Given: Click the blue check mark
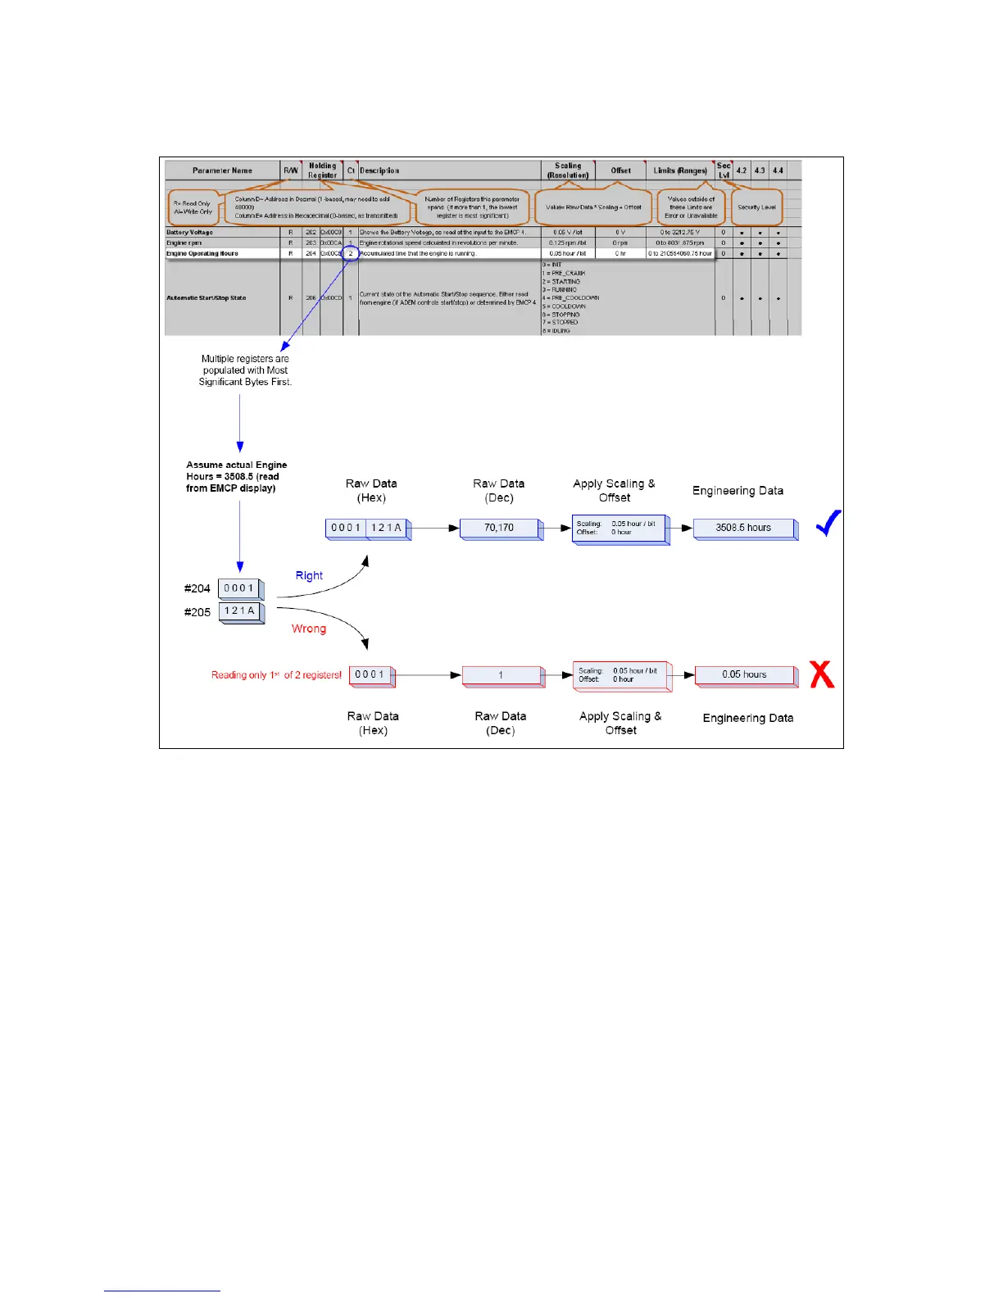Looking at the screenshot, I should [x=828, y=523].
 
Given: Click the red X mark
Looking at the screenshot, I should [x=822, y=674].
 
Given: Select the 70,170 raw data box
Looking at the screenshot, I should [x=499, y=528].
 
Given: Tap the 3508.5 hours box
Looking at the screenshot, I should [x=743, y=528].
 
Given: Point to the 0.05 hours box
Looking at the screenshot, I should [x=744, y=674].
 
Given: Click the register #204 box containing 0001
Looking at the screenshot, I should [x=239, y=588].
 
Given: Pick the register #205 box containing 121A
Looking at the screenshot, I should [x=240, y=611].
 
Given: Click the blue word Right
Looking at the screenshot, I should [x=309, y=575].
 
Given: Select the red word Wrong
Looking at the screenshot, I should [x=309, y=629].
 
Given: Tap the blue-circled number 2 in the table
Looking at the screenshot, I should [x=351, y=253].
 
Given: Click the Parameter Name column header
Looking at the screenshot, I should [x=222, y=170].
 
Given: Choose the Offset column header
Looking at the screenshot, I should [x=620, y=170].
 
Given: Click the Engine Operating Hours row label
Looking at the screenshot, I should [x=202, y=253].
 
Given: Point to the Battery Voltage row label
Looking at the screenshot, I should [x=189, y=233].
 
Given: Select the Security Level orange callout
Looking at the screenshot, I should [x=756, y=207].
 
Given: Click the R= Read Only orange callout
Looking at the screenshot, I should [x=193, y=207].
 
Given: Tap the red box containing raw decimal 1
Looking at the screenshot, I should [x=501, y=675].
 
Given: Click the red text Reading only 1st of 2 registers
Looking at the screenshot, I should [x=276, y=675].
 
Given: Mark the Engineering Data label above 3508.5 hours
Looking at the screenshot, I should [x=737, y=491].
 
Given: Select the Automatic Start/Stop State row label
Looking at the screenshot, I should [x=206, y=298].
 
